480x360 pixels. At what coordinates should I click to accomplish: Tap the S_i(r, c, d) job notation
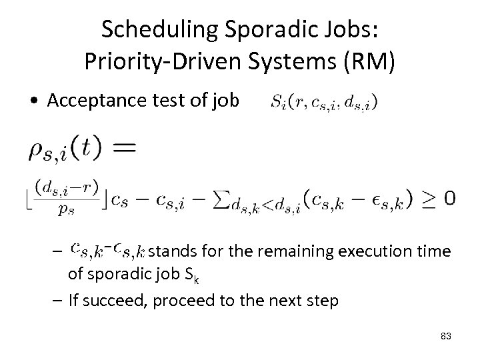tap(323, 102)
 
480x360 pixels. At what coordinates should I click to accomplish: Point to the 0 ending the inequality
tap(451, 198)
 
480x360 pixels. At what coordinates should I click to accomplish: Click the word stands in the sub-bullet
tap(167, 251)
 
